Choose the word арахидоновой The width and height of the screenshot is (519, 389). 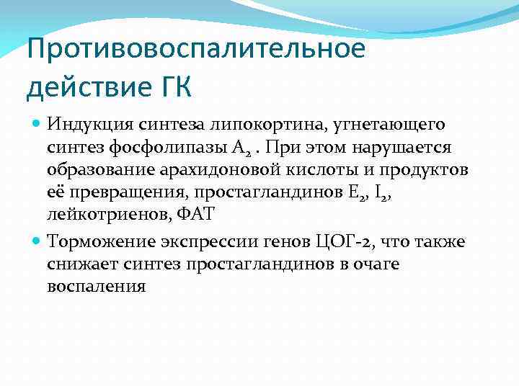[x=221, y=170]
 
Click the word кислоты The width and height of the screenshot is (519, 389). [x=317, y=169]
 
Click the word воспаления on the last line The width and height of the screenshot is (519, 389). [x=96, y=287]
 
